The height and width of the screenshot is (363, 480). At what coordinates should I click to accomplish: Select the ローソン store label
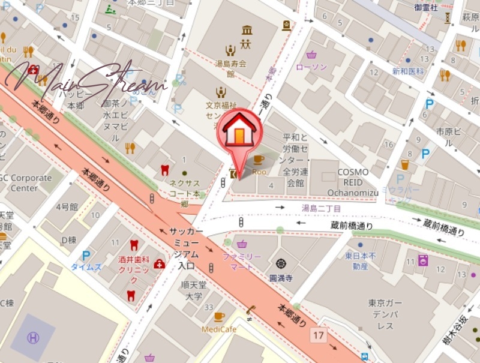(x=311, y=67)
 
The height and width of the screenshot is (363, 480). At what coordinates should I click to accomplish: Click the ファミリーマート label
(x=242, y=261)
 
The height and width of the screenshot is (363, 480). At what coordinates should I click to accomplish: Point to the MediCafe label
(x=218, y=329)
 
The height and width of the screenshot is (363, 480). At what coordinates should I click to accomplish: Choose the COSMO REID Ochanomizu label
(x=353, y=181)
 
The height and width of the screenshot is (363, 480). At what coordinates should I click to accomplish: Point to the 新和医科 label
(x=408, y=71)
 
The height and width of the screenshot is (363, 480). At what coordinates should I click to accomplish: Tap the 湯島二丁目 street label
(x=321, y=208)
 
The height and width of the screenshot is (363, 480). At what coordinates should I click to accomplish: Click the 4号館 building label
(x=67, y=206)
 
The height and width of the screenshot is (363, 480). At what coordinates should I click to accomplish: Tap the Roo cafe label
(x=259, y=171)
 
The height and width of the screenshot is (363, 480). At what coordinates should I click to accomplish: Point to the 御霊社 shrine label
(x=426, y=7)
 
